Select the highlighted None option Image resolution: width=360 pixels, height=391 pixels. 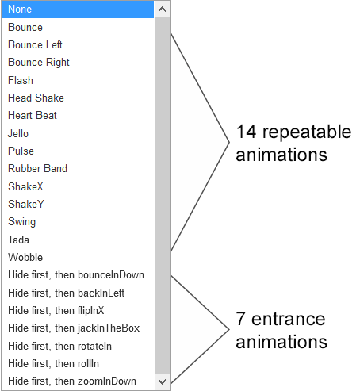point(78,10)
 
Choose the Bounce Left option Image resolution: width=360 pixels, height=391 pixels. point(35,44)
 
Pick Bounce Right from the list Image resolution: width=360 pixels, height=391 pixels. point(39,63)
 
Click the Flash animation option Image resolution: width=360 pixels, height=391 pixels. point(21,80)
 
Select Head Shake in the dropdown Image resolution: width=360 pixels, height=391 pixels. point(36,98)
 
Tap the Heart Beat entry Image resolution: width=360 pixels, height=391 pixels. point(33,115)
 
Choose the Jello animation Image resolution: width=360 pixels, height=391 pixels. point(18,133)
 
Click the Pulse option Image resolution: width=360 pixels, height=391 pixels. point(21,151)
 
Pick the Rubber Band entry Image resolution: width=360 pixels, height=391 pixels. point(37,168)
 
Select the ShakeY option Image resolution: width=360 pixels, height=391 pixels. point(26,204)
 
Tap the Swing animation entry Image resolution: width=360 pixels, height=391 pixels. point(21,222)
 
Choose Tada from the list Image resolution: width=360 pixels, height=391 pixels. point(18,240)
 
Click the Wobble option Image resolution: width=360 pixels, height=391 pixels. point(25,257)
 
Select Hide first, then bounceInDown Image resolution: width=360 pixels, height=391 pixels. point(76,275)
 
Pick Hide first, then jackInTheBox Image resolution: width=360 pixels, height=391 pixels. point(74,328)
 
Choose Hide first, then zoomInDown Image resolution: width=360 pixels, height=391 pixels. point(72,381)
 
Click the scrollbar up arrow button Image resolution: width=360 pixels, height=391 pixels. point(162,10)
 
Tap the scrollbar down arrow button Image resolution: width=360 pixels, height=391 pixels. point(162,381)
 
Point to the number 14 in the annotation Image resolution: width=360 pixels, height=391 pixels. point(247,132)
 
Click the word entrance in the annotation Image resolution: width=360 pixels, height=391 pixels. point(288,319)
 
